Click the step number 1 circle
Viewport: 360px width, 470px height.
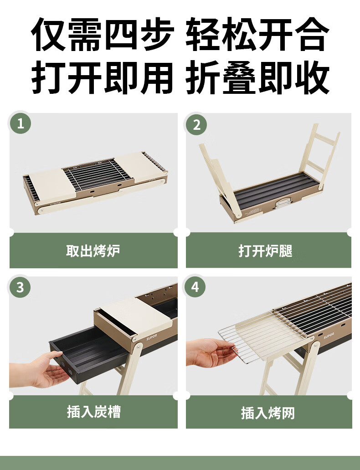click(21, 123)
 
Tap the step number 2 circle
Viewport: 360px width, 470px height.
click(196, 124)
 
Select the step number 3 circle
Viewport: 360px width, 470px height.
click(20, 287)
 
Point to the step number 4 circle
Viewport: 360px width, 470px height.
click(195, 287)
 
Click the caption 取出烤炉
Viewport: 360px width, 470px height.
click(93, 250)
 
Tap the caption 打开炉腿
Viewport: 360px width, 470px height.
click(266, 250)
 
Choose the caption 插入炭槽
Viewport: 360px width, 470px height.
click(93, 412)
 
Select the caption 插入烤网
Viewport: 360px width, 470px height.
click(268, 413)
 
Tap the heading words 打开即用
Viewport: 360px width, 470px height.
click(102, 77)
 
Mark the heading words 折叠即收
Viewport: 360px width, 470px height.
click(258, 77)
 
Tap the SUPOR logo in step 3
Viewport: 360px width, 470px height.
click(152, 337)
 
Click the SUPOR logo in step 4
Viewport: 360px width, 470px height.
click(329, 335)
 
